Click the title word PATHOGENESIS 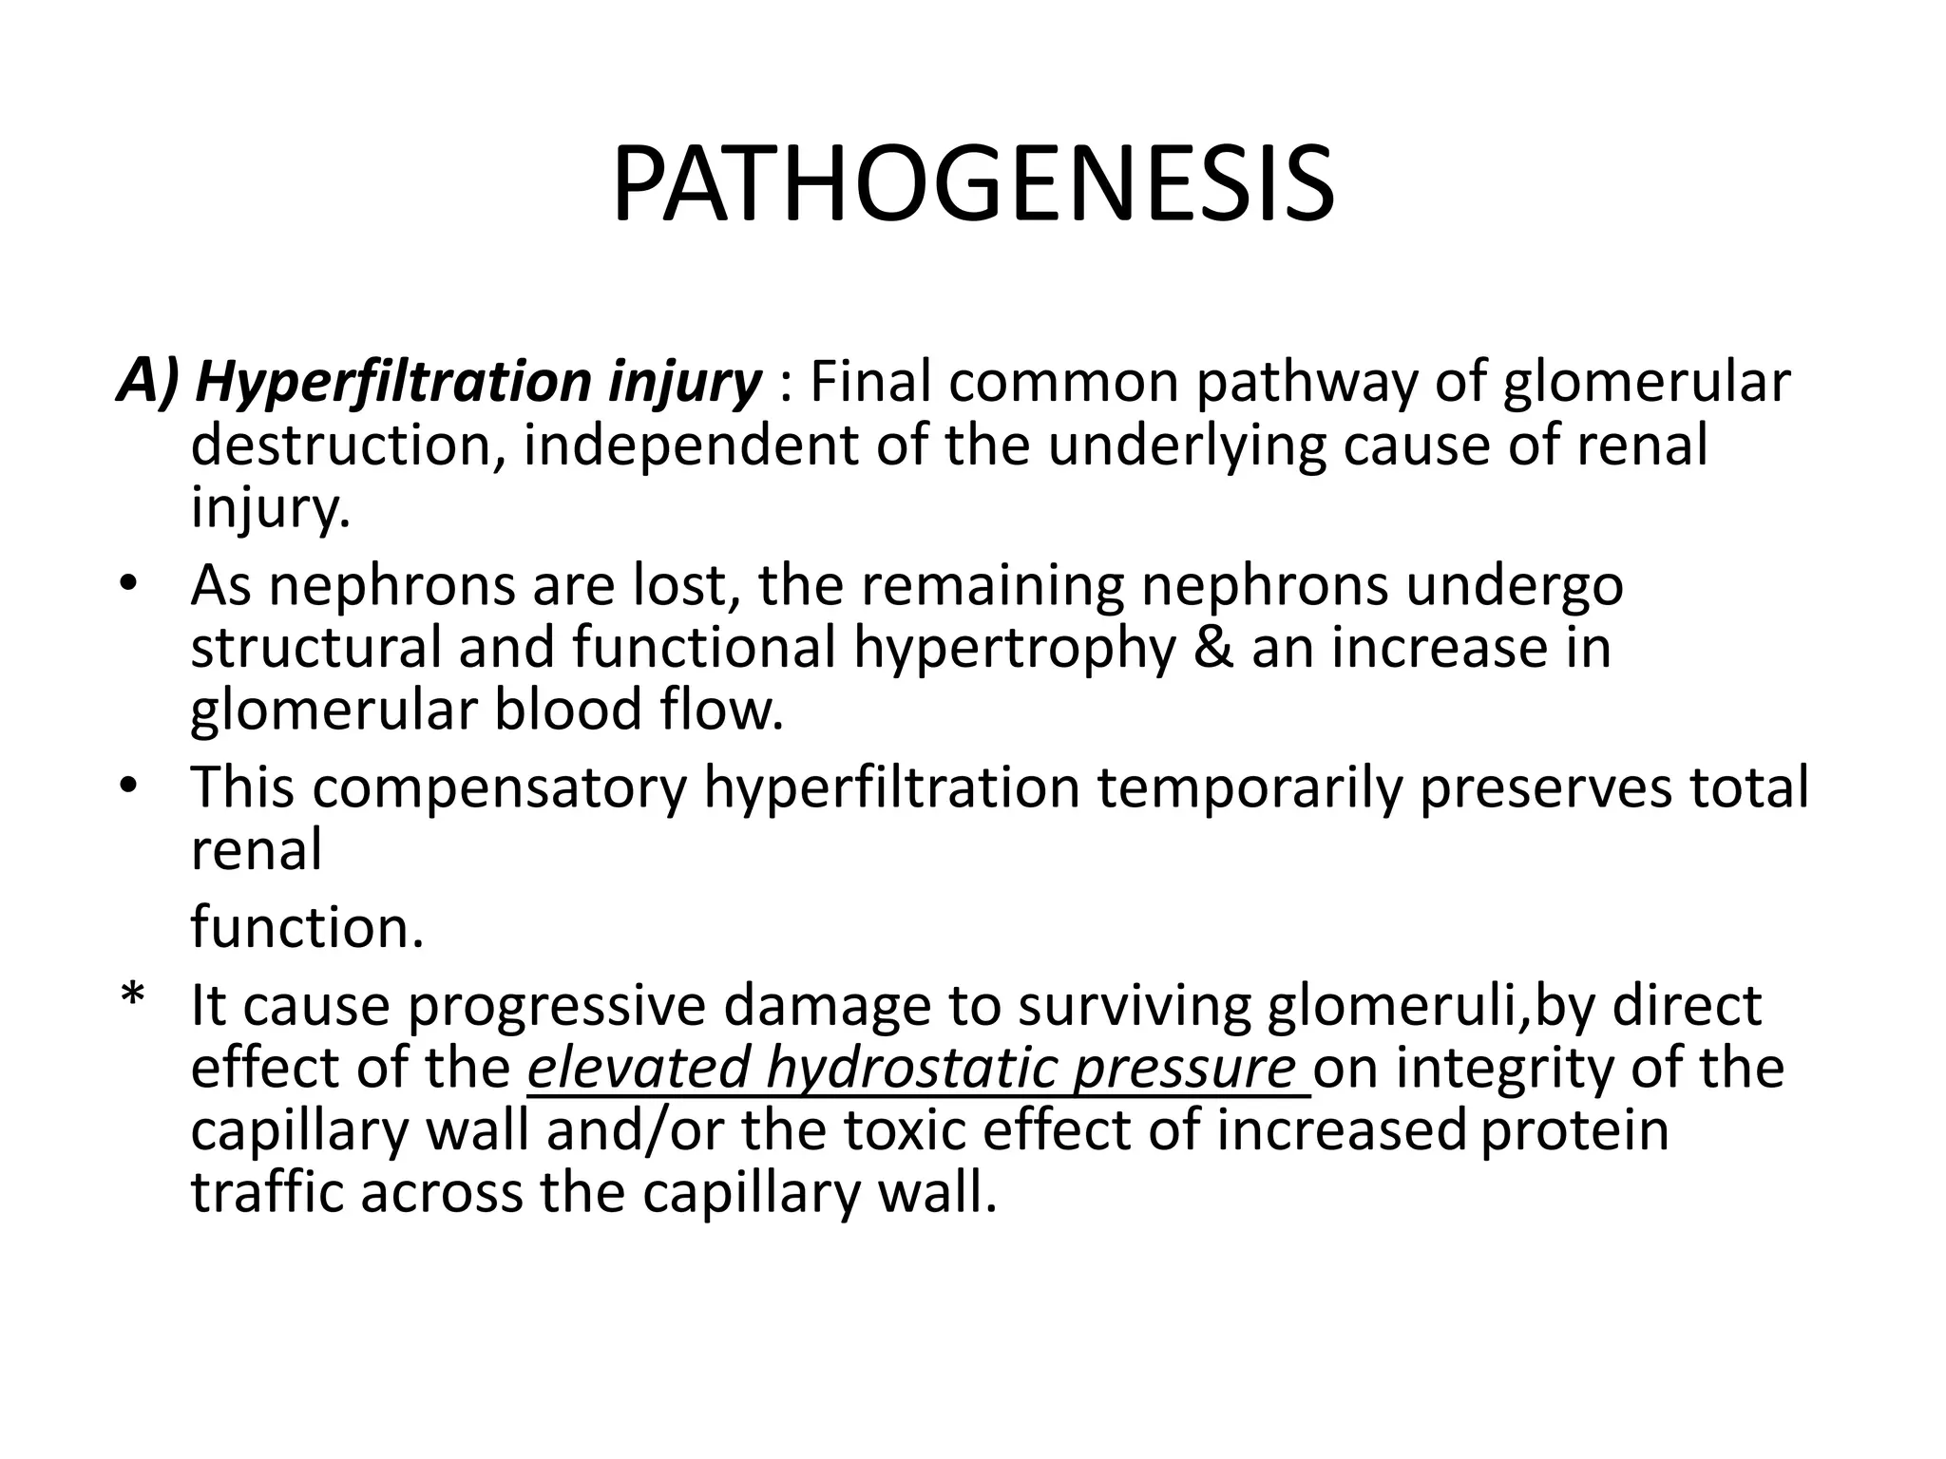[973, 186]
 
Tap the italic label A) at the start [147, 382]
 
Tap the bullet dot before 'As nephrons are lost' [130, 584]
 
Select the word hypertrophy [1014, 648]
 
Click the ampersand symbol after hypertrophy [1211, 648]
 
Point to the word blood [566, 711]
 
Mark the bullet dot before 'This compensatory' [130, 787]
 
